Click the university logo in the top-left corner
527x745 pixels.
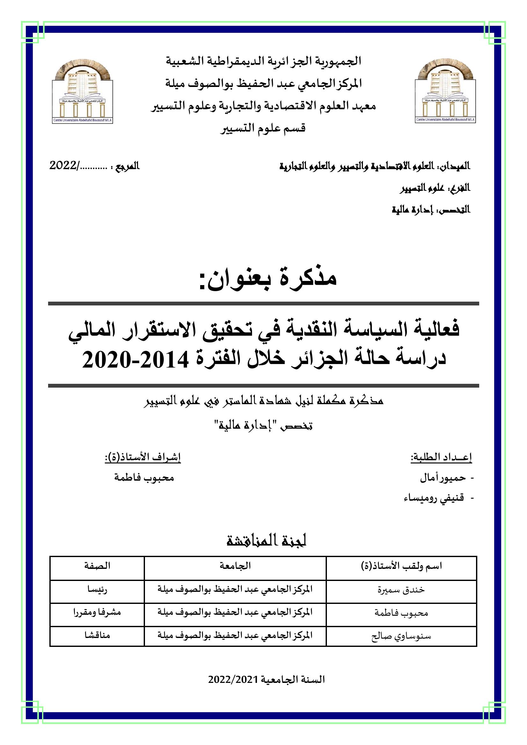[x=83, y=91]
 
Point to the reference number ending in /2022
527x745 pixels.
[x=78, y=166]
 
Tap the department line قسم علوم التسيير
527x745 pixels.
[x=263, y=128]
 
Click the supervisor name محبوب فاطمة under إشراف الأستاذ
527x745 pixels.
[x=144, y=478]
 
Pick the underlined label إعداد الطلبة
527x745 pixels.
[x=441, y=457]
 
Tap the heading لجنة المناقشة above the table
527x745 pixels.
[x=266, y=541]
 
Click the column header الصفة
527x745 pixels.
[x=97, y=566]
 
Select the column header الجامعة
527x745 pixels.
[x=235, y=566]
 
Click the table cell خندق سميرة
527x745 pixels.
[x=401, y=590]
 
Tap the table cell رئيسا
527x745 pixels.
[x=97, y=589]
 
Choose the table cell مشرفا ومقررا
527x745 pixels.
[x=97, y=612]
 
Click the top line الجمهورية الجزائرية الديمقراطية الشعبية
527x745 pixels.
[x=263, y=61]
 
